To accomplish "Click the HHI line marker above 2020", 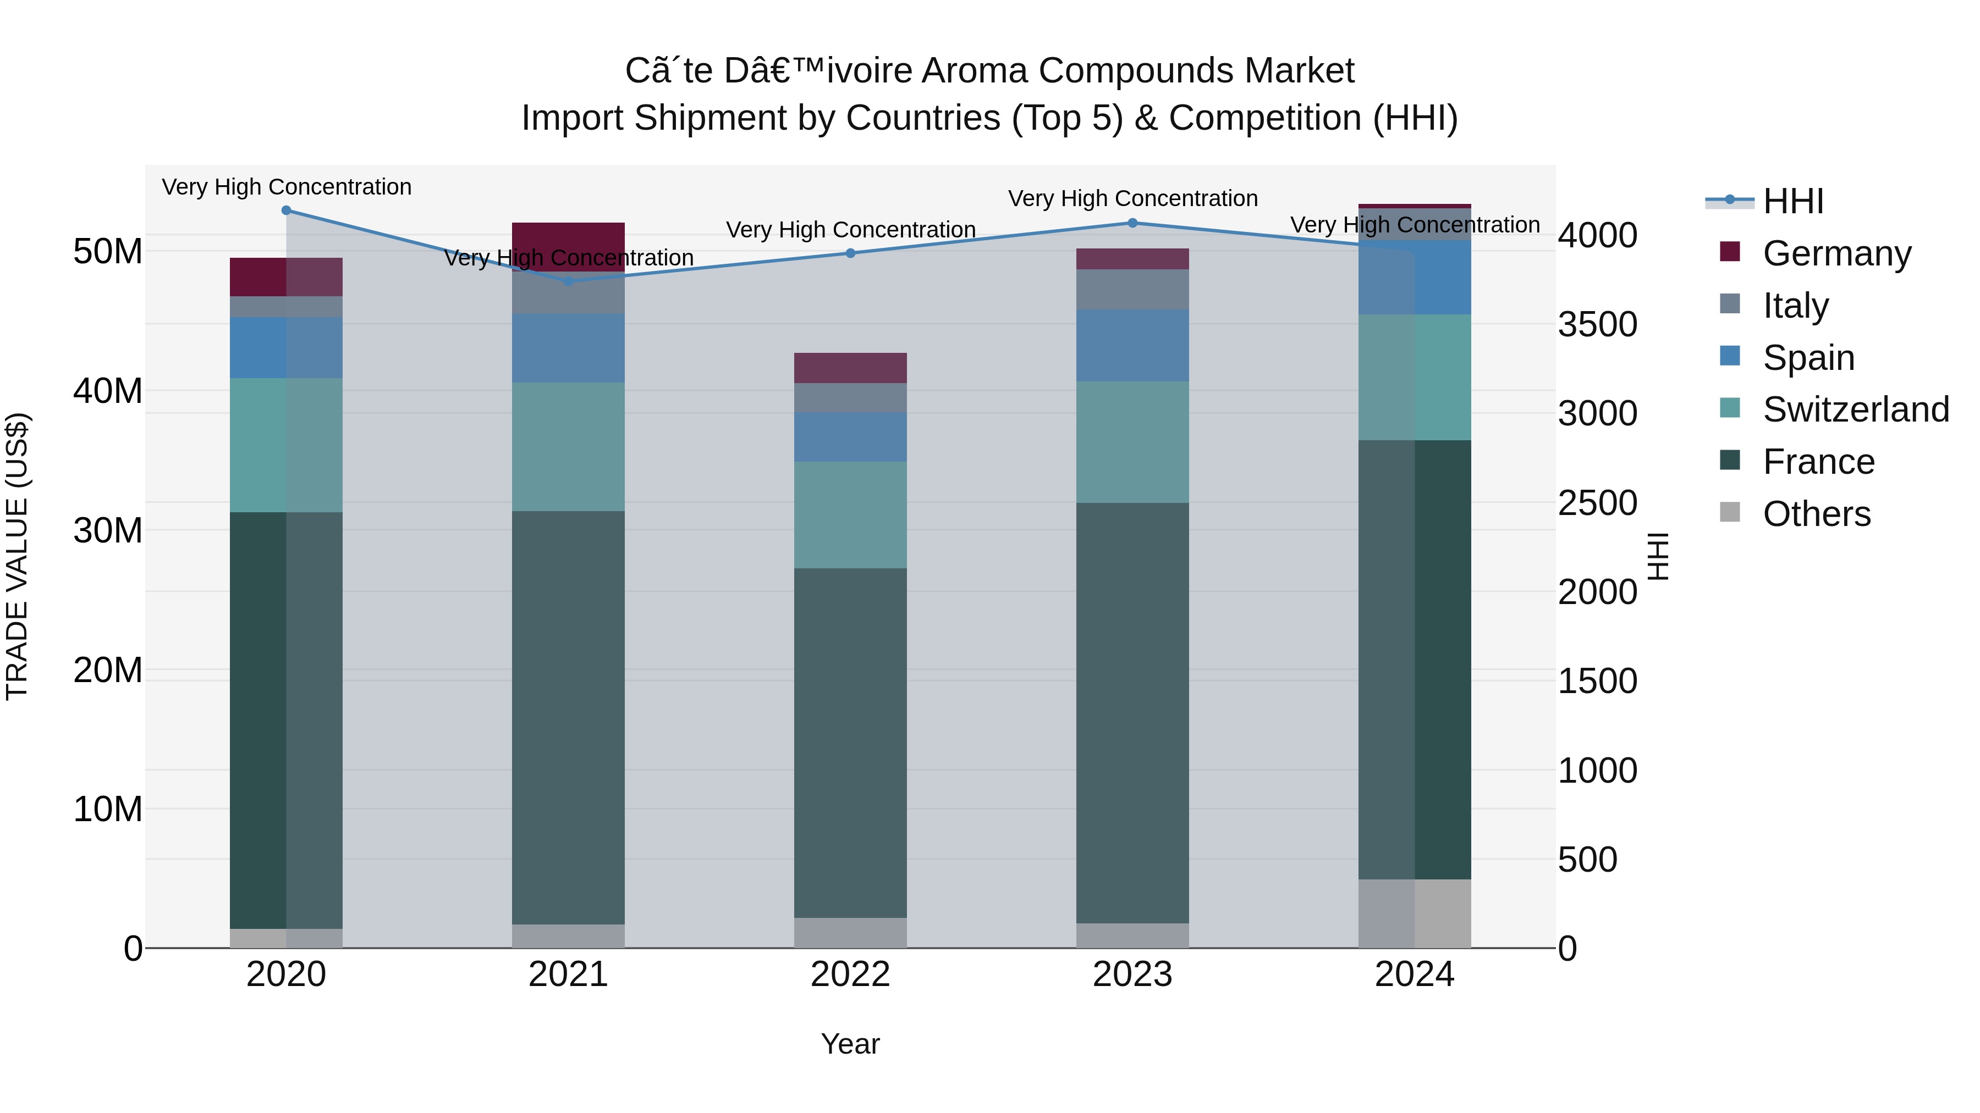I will (286, 211).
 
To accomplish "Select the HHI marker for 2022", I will (850, 253).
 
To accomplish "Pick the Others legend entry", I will (1816, 514).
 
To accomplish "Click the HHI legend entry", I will (1792, 201).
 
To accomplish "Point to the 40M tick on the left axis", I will (108, 391).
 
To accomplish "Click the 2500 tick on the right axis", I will (1597, 503).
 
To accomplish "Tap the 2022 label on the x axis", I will (850, 974).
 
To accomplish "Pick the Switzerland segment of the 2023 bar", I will (1132, 442).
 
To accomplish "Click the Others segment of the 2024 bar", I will (1414, 913).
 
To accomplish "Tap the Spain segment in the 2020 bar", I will (286, 347).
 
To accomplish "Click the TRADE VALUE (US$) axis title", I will (17, 557).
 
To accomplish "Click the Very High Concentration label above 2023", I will (1132, 198).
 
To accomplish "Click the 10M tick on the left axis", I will (108, 809).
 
